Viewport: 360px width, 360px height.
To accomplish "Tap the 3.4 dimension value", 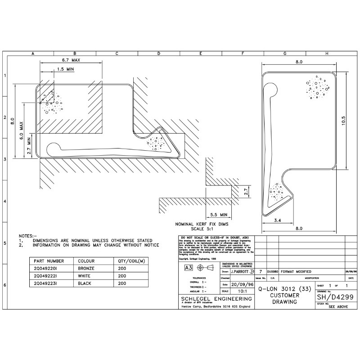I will (x=278, y=220).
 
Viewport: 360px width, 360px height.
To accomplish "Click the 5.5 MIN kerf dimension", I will (x=218, y=215).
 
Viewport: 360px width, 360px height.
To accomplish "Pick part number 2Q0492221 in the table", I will (x=47, y=276).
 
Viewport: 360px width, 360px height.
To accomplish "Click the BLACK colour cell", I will (x=85, y=284).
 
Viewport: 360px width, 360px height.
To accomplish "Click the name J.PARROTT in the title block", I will (x=239, y=272).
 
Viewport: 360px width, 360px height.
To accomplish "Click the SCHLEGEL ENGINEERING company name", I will (x=216, y=298).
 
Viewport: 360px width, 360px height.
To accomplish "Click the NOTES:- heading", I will (x=26, y=235).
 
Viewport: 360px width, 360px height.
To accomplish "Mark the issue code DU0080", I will (x=272, y=272).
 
